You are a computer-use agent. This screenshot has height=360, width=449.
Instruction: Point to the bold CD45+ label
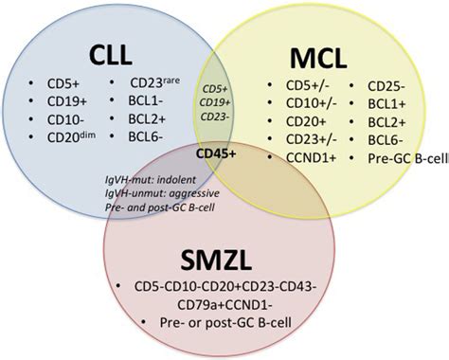[x=218, y=152]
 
